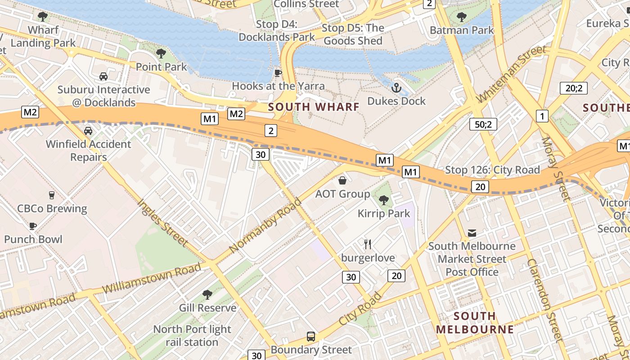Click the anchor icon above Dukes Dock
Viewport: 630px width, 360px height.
click(x=396, y=87)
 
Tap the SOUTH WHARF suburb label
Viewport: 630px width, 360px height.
click(x=314, y=107)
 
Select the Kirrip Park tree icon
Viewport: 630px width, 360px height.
click(x=384, y=200)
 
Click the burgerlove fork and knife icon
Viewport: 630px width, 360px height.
click(x=368, y=244)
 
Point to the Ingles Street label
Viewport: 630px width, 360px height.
click(x=163, y=223)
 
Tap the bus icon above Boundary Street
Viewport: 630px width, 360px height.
click(x=310, y=336)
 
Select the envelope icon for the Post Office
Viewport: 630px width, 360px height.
click(x=472, y=233)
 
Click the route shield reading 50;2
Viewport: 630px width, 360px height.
click(x=483, y=124)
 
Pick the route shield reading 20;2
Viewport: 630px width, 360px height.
click(x=573, y=88)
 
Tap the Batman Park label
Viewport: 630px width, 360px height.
click(x=462, y=30)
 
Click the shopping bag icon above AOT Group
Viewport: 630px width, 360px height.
click(x=342, y=181)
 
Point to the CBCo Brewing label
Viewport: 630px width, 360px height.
click(x=52, y=208)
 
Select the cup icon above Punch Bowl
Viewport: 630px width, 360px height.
click(x=32, y=226)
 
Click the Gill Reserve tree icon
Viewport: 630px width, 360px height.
click(x=207, y=295)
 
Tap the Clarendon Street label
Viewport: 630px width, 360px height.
click(x=545, y=301)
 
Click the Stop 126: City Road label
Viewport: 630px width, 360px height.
click(x=492, y=170)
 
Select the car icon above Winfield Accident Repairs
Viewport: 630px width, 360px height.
click(x=88, y=131)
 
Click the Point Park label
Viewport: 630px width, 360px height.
click(x=161, y=67)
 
